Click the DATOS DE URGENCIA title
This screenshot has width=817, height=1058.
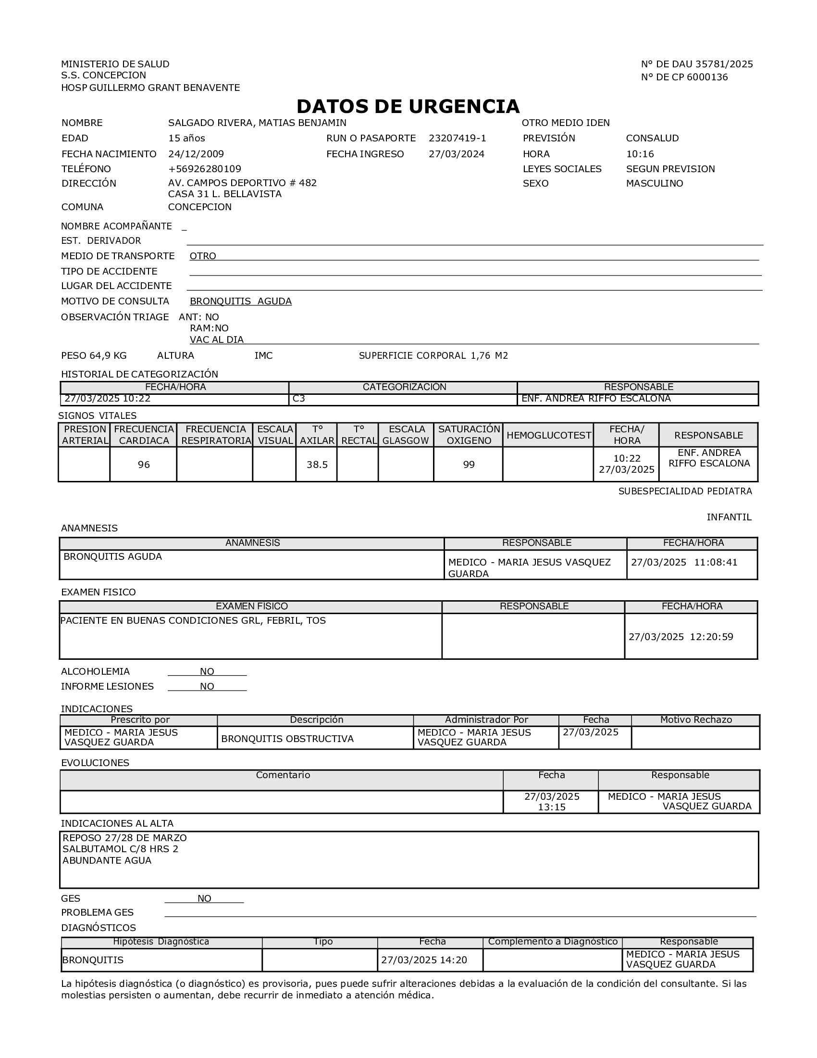pyautogui.click(x=408, y=107)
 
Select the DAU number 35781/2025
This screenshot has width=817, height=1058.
pyautogui.click(x=724, y=64)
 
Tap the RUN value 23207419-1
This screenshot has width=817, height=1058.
pyautogui.click(x=458, y=138)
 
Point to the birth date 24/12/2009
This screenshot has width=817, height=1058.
pyautogui.click(x=196, y=154)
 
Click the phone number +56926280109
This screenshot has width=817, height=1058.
pyautogui.click(x=205, y=169)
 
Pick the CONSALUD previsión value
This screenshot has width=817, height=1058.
pyautogui.click(x=653, y=138)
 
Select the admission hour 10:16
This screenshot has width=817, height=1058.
pyautogui.click(x=640, y=154)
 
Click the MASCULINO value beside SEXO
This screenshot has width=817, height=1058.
pyautogui.click(x=655, y=183)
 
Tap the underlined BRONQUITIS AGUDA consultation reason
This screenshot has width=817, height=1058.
pyautogui.click(x=241, y=301)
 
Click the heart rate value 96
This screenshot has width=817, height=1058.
pyautogui.click(x=144, y=465)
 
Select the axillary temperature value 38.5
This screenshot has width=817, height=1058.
pyautogui.click(x=317, y=465)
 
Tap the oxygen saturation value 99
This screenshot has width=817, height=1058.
pyautogui.click(x=469, y=465)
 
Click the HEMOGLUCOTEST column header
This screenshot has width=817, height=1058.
pyautogui.click(x=548, y=435)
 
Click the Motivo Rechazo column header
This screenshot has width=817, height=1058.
pyautogui.click(x=695, y=720)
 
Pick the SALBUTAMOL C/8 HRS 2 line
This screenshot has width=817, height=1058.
pyautogui.click(x=121, y=849)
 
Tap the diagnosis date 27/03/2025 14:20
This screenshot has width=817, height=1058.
pyautogui.click(x=424, y=960)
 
